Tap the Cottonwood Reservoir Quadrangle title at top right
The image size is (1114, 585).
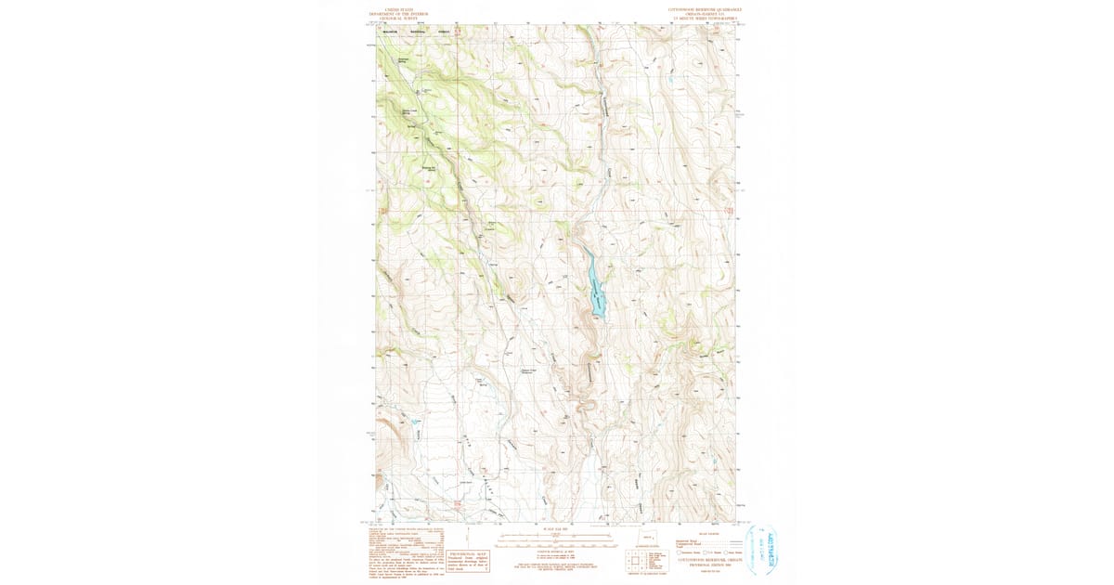pyautogui.click(x=705, y=9)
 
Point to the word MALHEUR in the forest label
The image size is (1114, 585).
pyautogui.click(x=387, y=32)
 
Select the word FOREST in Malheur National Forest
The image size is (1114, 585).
pyautogui.click(x=443, y=32)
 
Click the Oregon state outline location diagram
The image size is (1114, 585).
pyautogui.click(x=647, y=539)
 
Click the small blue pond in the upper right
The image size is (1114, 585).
pyautogui.click(x=669, y=81)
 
